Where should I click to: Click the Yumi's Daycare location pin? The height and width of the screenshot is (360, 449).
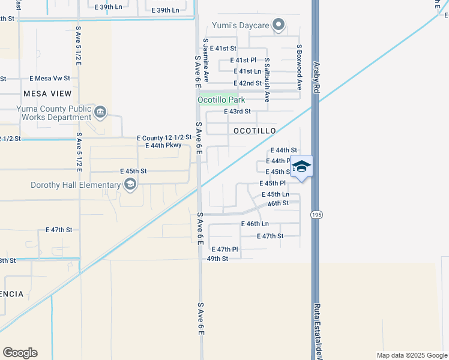coord(278,25)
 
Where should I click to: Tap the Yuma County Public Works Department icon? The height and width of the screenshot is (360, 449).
coord(100,111)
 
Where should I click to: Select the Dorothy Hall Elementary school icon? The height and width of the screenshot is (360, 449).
coord(130,185)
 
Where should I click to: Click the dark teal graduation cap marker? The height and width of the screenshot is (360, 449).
coord(301,166)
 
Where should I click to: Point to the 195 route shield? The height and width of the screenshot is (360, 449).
coord(315,214)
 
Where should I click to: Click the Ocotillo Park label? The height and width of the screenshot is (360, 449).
coord(222,100)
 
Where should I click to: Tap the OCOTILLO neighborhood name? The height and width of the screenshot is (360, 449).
coord(254,131)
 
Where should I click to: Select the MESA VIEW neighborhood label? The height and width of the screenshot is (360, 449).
coord(47,94)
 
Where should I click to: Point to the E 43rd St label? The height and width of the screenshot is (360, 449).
coord(237,112)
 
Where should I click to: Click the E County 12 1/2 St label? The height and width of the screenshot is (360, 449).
coord(164,137)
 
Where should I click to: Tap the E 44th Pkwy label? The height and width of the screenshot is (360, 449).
coord(163,145)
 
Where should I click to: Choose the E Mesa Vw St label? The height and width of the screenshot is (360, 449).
coord(50,78)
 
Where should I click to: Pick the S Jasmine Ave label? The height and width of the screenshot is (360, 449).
coord(206,62)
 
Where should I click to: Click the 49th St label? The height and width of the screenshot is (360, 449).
coord(217,259)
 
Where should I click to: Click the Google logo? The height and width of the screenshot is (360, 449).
coord(20,353)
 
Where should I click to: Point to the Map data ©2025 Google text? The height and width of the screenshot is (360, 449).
coord(411,355)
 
